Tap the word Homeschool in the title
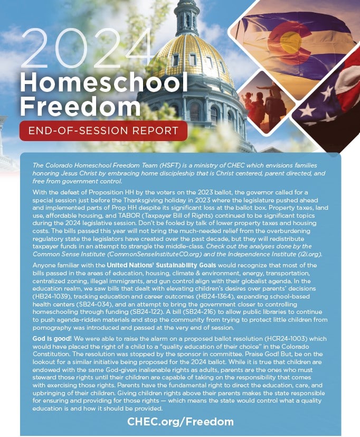point(104,81)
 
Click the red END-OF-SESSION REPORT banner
point(103,131)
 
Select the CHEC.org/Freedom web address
point(180,421)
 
